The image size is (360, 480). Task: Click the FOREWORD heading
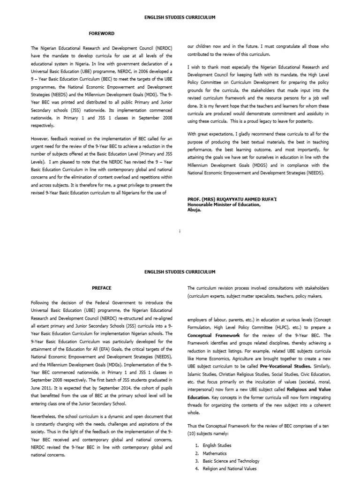tap(102, 34)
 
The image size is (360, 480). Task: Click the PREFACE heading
tap(101, 288)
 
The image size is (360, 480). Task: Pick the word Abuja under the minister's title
tap(194, 210)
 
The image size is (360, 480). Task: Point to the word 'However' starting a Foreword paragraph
tap(40, 139)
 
